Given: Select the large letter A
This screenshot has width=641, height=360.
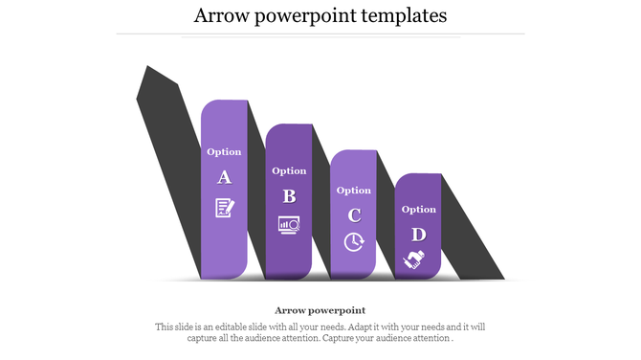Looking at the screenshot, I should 225,177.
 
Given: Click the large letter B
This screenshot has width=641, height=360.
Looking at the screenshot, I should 289,196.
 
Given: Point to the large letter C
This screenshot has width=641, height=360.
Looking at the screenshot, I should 354,214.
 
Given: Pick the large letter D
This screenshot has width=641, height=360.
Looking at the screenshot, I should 418,234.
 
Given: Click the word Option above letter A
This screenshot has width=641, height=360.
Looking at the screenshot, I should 225,151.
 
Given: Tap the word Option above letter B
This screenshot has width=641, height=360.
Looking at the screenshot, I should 289,170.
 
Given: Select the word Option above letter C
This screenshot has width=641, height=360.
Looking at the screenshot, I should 354,190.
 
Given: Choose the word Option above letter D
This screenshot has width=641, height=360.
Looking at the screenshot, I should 418,209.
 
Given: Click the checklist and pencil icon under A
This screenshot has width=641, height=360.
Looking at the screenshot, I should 225,207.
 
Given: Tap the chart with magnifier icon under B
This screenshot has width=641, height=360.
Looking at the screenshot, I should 289,225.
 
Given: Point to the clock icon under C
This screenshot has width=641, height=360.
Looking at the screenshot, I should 354,242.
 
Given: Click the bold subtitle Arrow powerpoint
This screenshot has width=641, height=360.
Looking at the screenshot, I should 320,310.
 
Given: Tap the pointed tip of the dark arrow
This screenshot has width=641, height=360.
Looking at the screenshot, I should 146,69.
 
